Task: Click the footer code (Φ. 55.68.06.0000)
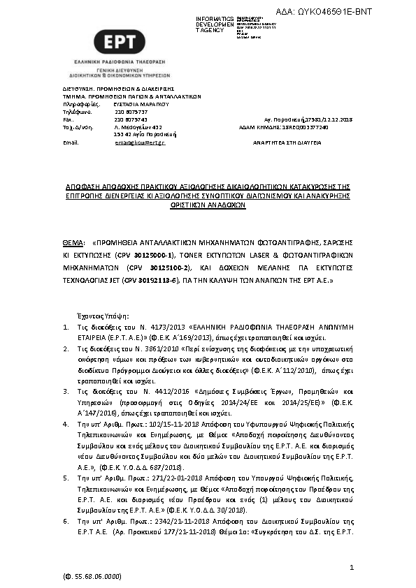pos(92,577)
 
